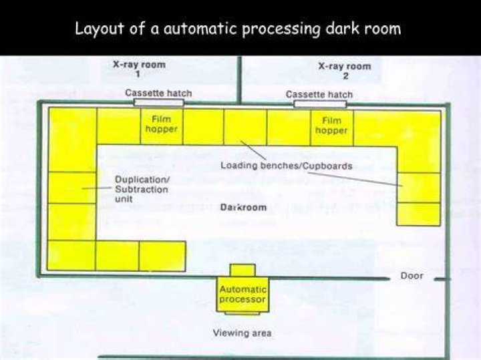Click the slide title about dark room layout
point(238,29)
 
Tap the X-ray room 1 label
point(139,69)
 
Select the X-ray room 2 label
point(345,71)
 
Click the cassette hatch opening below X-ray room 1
point(159,102)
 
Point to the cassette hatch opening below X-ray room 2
point(320,104)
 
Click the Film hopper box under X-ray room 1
point(162,126)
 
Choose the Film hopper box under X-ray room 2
point(332,128)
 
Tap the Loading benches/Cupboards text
point(287,166)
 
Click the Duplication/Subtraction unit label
point(142,189)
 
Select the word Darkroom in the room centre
point(244,207)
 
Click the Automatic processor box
point(243,295)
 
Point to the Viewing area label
point(243,333)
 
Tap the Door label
point(412,276)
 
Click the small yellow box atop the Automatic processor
point(243,271)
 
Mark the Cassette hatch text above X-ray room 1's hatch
point(158,93)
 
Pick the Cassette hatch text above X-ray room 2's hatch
point(319,94)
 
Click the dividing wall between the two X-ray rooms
point(240,79)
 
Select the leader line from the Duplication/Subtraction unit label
point(97,188)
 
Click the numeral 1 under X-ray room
point(138,75)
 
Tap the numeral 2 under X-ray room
point(346,76)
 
